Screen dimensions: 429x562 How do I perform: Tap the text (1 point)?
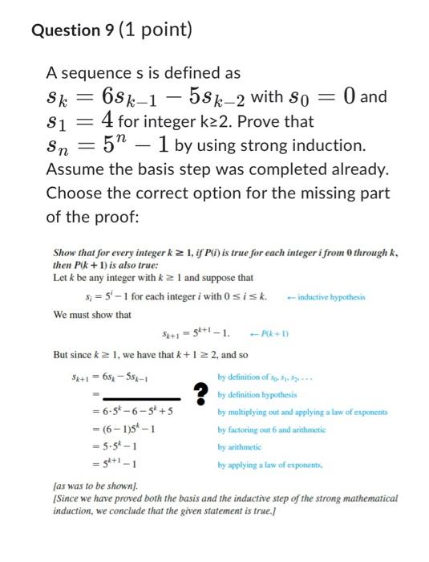click(x=156, y=31)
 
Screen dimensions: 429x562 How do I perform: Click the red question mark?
click(x=200, y=393)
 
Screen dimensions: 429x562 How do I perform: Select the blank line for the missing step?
click(x=138, y=398)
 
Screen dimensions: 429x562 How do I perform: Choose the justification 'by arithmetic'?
click(x=242, y=446)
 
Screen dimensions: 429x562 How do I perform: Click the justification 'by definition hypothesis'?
click(x=257, y=395)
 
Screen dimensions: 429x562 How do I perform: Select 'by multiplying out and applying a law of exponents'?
click(x=302, y=412)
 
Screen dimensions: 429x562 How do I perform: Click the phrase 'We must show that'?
click(x=91, y=315)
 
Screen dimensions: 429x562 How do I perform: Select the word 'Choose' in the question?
click(x=77, y=193)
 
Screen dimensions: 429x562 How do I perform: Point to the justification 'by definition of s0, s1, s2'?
click(x=264, y=377)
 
